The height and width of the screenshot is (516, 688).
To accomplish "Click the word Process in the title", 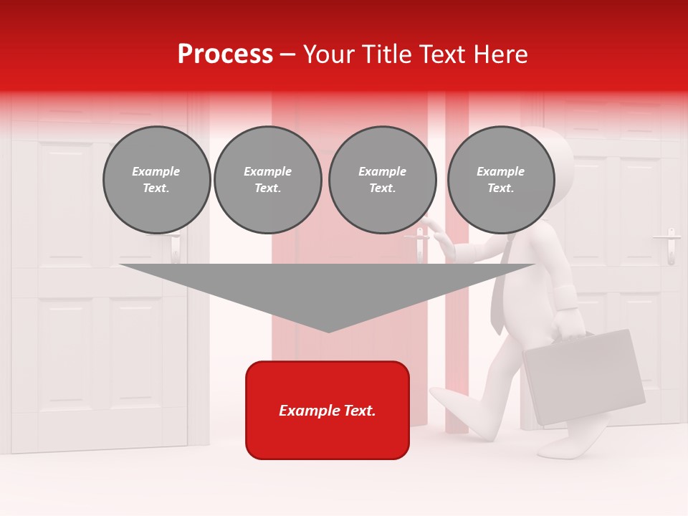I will coord(225,54).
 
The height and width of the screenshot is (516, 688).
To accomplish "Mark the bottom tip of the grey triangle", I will coord(328,331).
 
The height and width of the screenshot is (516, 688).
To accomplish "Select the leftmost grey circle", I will coord(156,180).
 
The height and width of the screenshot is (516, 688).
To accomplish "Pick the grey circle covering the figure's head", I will coord(501,180).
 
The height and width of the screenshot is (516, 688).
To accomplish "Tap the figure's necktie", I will coord(500,287).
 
